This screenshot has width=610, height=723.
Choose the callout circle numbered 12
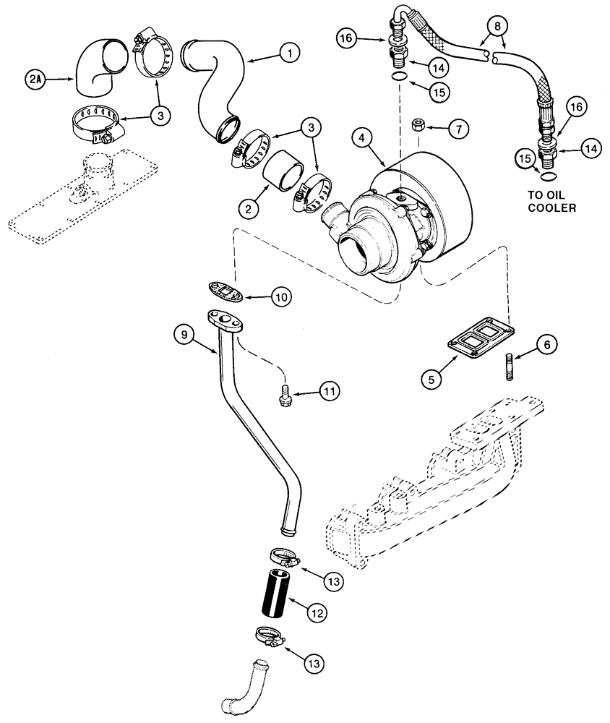coord(315,612)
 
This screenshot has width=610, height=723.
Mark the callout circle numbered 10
coord(281,296)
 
